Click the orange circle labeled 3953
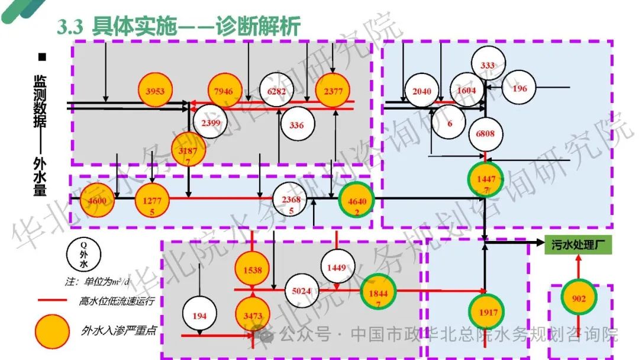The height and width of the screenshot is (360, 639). point(155,91)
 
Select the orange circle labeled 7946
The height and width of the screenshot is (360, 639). point(225,91)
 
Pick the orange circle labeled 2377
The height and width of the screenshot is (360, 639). point(333,91)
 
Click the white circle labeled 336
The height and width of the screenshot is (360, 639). point(297,125)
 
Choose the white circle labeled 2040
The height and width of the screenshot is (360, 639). point(421,91)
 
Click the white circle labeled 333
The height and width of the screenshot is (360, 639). point(488,66)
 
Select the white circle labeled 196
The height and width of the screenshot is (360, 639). point(519,89)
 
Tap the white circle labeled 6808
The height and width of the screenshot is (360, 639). point(485,133)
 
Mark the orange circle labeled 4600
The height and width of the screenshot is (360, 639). point(97,201)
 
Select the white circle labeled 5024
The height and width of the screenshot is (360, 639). point(301,291)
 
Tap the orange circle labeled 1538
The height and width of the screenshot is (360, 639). point(252,269)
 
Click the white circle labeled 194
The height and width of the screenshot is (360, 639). point(199,316)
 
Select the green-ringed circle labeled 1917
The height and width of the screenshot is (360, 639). point(486,311)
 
